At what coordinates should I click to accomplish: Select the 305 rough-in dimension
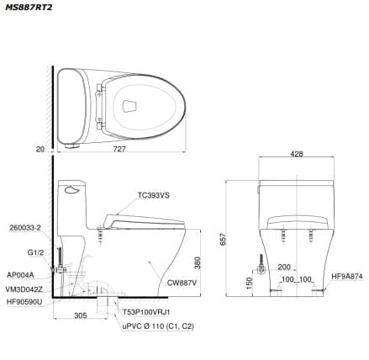79,316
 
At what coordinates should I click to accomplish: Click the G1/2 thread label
35,251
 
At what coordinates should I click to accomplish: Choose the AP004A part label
20,275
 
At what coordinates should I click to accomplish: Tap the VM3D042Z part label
24,289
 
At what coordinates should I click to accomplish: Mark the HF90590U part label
24,301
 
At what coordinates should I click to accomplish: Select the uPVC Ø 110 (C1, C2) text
158,326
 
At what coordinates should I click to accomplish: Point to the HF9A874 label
346,275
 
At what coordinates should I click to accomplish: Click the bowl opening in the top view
130,106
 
